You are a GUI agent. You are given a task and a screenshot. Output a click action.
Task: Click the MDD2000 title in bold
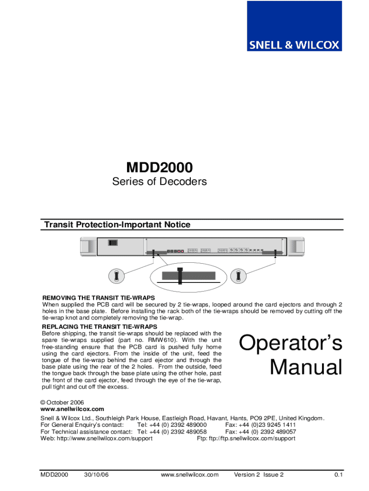(x=160, y=168)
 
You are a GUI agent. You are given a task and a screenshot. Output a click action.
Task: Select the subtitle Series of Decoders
(x=160, y=182)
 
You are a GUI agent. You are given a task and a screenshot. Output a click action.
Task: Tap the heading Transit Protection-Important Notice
(x=117, y=225)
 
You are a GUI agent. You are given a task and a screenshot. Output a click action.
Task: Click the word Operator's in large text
(x=290, y=343)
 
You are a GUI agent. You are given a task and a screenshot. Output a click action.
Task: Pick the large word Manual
(x=306, y=368)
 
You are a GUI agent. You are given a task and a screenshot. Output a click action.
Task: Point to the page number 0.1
(x=339, y=475)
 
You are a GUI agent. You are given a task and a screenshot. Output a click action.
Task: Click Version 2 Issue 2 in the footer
(x=259, y=475)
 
